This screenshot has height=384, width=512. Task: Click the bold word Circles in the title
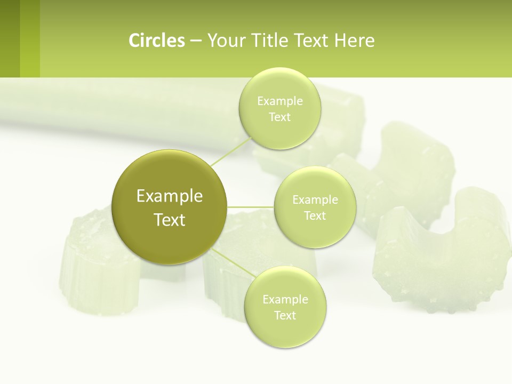[x=157, y=40]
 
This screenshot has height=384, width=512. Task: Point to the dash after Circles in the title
[x=196, y=41]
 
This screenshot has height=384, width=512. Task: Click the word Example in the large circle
[x=170, y=196]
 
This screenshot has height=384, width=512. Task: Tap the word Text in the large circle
[x=170, y=220]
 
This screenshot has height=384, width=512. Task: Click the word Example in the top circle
[x=279, y=101]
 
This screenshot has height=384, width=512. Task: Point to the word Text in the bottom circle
[x=285, y=315]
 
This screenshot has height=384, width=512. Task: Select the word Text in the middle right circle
[x=315, y=215]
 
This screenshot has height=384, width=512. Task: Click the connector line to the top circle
[x=231, y=151]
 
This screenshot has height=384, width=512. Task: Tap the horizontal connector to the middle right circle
[x=251, y=207]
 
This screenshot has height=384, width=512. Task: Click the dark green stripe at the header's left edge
[x=10, y=38]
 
